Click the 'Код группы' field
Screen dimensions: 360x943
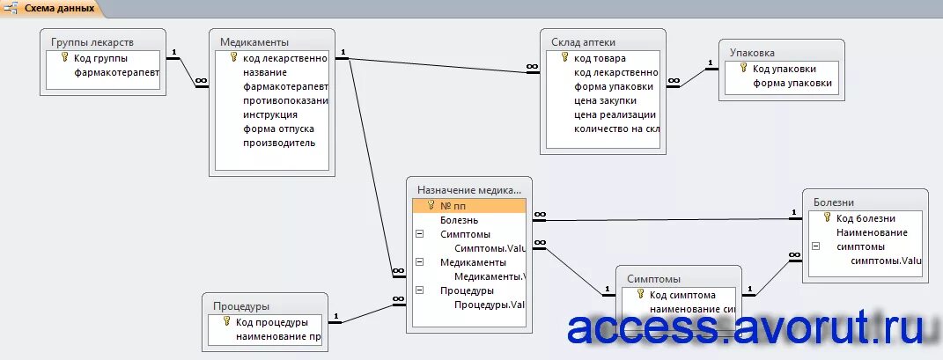(100, 58)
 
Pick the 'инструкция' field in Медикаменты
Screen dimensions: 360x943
(270, 114)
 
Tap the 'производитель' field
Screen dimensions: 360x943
(278, 143)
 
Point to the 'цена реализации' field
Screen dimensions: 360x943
(614, 114)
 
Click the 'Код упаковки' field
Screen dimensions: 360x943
(784, 69)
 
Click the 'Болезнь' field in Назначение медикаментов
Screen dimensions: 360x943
(460, 220)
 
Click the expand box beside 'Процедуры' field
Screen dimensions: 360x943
(419, 290)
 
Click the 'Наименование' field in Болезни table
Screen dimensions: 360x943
(872, 232)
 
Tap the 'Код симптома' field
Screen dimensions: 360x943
(682, 296)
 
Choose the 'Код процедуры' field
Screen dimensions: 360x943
(271, 322)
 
